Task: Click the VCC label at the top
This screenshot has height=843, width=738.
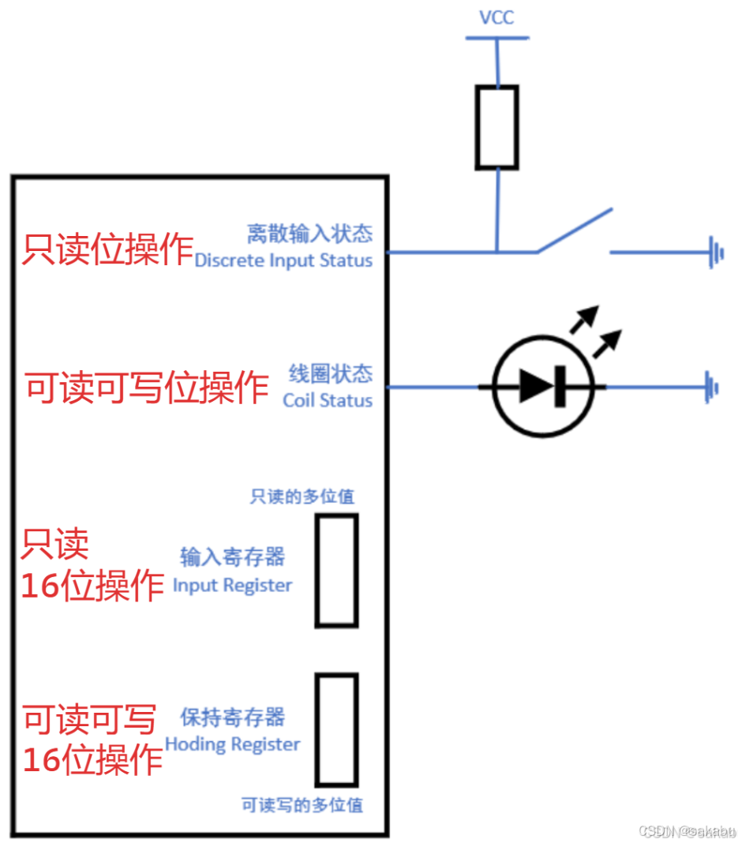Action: click(x=496, y=17)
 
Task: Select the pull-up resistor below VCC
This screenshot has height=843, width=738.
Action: click(x=496, y=127)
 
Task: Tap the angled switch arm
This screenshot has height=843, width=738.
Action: click(x=575, y=230)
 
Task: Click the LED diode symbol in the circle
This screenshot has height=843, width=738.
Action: click(x=542, y=387)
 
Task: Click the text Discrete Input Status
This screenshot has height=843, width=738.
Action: click(x=283, y=260)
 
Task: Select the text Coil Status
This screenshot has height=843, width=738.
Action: click(x=328, y=400)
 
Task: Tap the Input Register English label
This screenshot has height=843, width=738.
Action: click(x=232, y=586)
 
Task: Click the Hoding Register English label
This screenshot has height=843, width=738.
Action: click(x=232, y=744)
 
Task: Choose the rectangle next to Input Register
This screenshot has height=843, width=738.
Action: click(x=336, y=570)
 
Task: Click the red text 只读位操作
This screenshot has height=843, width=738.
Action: click(x=107, y=249)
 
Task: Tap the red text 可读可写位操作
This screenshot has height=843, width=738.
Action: click(x=146, y=388)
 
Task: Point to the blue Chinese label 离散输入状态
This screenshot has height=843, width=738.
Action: click(x=309, y=234)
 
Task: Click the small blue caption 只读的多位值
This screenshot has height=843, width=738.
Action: click(x=302, y=496)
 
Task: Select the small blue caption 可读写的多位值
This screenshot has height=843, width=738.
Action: click(x=302, y=805)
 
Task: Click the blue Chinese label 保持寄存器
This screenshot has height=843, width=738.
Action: click(x=232, y=717)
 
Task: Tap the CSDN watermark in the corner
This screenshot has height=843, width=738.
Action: click(x=686, y=831)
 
